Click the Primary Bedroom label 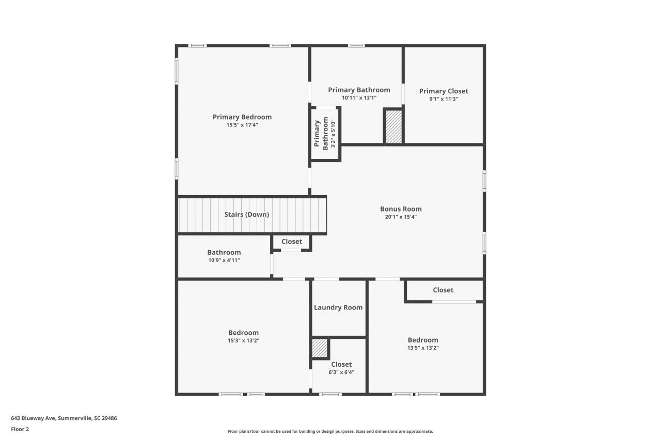242,117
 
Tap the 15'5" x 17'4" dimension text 242,125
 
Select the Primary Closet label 444,91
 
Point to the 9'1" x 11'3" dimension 444,99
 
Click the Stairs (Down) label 246,215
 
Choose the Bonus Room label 401,209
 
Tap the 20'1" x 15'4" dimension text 401,217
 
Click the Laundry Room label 338,307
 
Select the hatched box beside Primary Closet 394,127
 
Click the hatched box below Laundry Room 320,348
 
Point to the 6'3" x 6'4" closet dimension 341,372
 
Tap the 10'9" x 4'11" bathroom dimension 224,260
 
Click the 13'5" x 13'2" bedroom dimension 423,348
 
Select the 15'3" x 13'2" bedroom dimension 243,340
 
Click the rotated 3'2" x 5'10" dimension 333,134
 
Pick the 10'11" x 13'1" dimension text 359,98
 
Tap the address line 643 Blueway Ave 64,418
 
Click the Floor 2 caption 20,429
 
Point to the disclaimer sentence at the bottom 330,431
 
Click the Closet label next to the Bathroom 292,241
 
